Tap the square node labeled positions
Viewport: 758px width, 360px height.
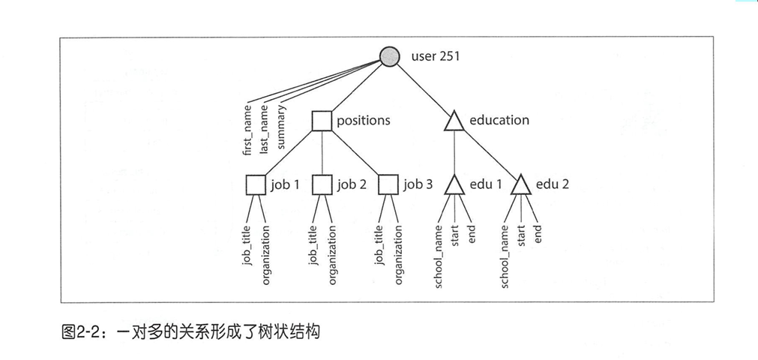[x=322, y=120]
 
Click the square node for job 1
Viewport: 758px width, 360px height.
[x=256, y=184]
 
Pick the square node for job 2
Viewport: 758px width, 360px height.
[x=322, y=184]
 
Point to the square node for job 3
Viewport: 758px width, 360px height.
[x=388, y=184]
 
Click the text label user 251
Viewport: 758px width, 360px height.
[x=435, y=56]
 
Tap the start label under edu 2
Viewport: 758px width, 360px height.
[x=522, y=236]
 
